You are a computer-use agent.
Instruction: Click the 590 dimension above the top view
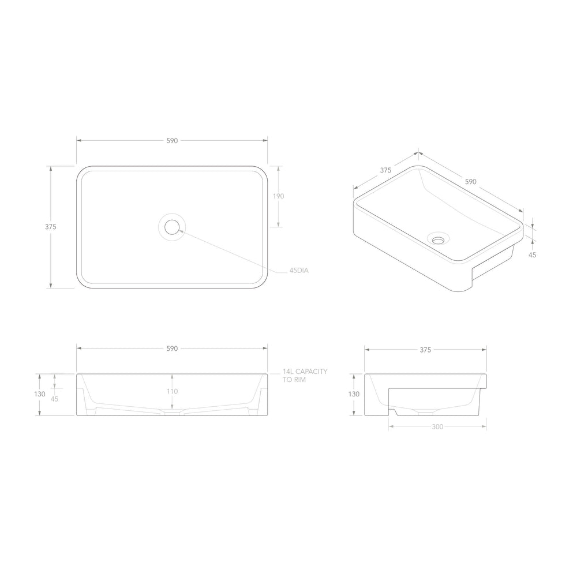tap(172, 141)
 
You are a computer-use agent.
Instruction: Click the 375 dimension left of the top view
tap(51, 227)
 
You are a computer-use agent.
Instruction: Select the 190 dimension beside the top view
tap(279, 196)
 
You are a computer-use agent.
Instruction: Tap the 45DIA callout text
tap(299, 271)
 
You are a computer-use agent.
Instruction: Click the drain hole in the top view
tap(172, 227)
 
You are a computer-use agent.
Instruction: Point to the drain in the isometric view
tap(439, 240)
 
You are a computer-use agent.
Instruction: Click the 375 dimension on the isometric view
tap(385, 170)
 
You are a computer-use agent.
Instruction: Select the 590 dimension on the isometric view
tap(471, 182)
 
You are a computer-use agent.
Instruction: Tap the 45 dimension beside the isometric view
tap(533, 254)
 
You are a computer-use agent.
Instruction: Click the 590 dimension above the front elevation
tap(172, 349)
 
